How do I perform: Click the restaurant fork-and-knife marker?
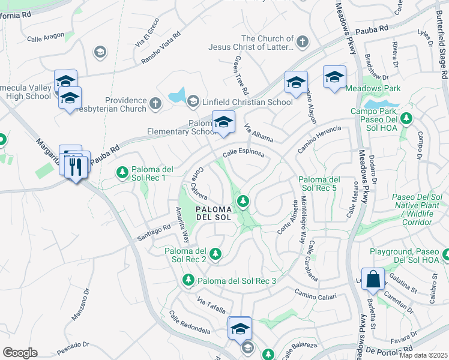tap(75, 165)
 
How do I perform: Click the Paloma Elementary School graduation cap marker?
tap(223, 122)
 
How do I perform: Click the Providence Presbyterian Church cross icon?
tap(155, 104)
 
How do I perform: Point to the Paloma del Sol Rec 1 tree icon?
tap(122, 173)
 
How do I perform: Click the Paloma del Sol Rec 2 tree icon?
tap(214, 254)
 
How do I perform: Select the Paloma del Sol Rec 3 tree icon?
tap(188, 280)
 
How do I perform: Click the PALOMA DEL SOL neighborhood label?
tap(213, 212)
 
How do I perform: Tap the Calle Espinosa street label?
tap(243, 154)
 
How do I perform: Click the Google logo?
tap(20, 353)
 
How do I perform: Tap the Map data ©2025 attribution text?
tap(423, 355)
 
